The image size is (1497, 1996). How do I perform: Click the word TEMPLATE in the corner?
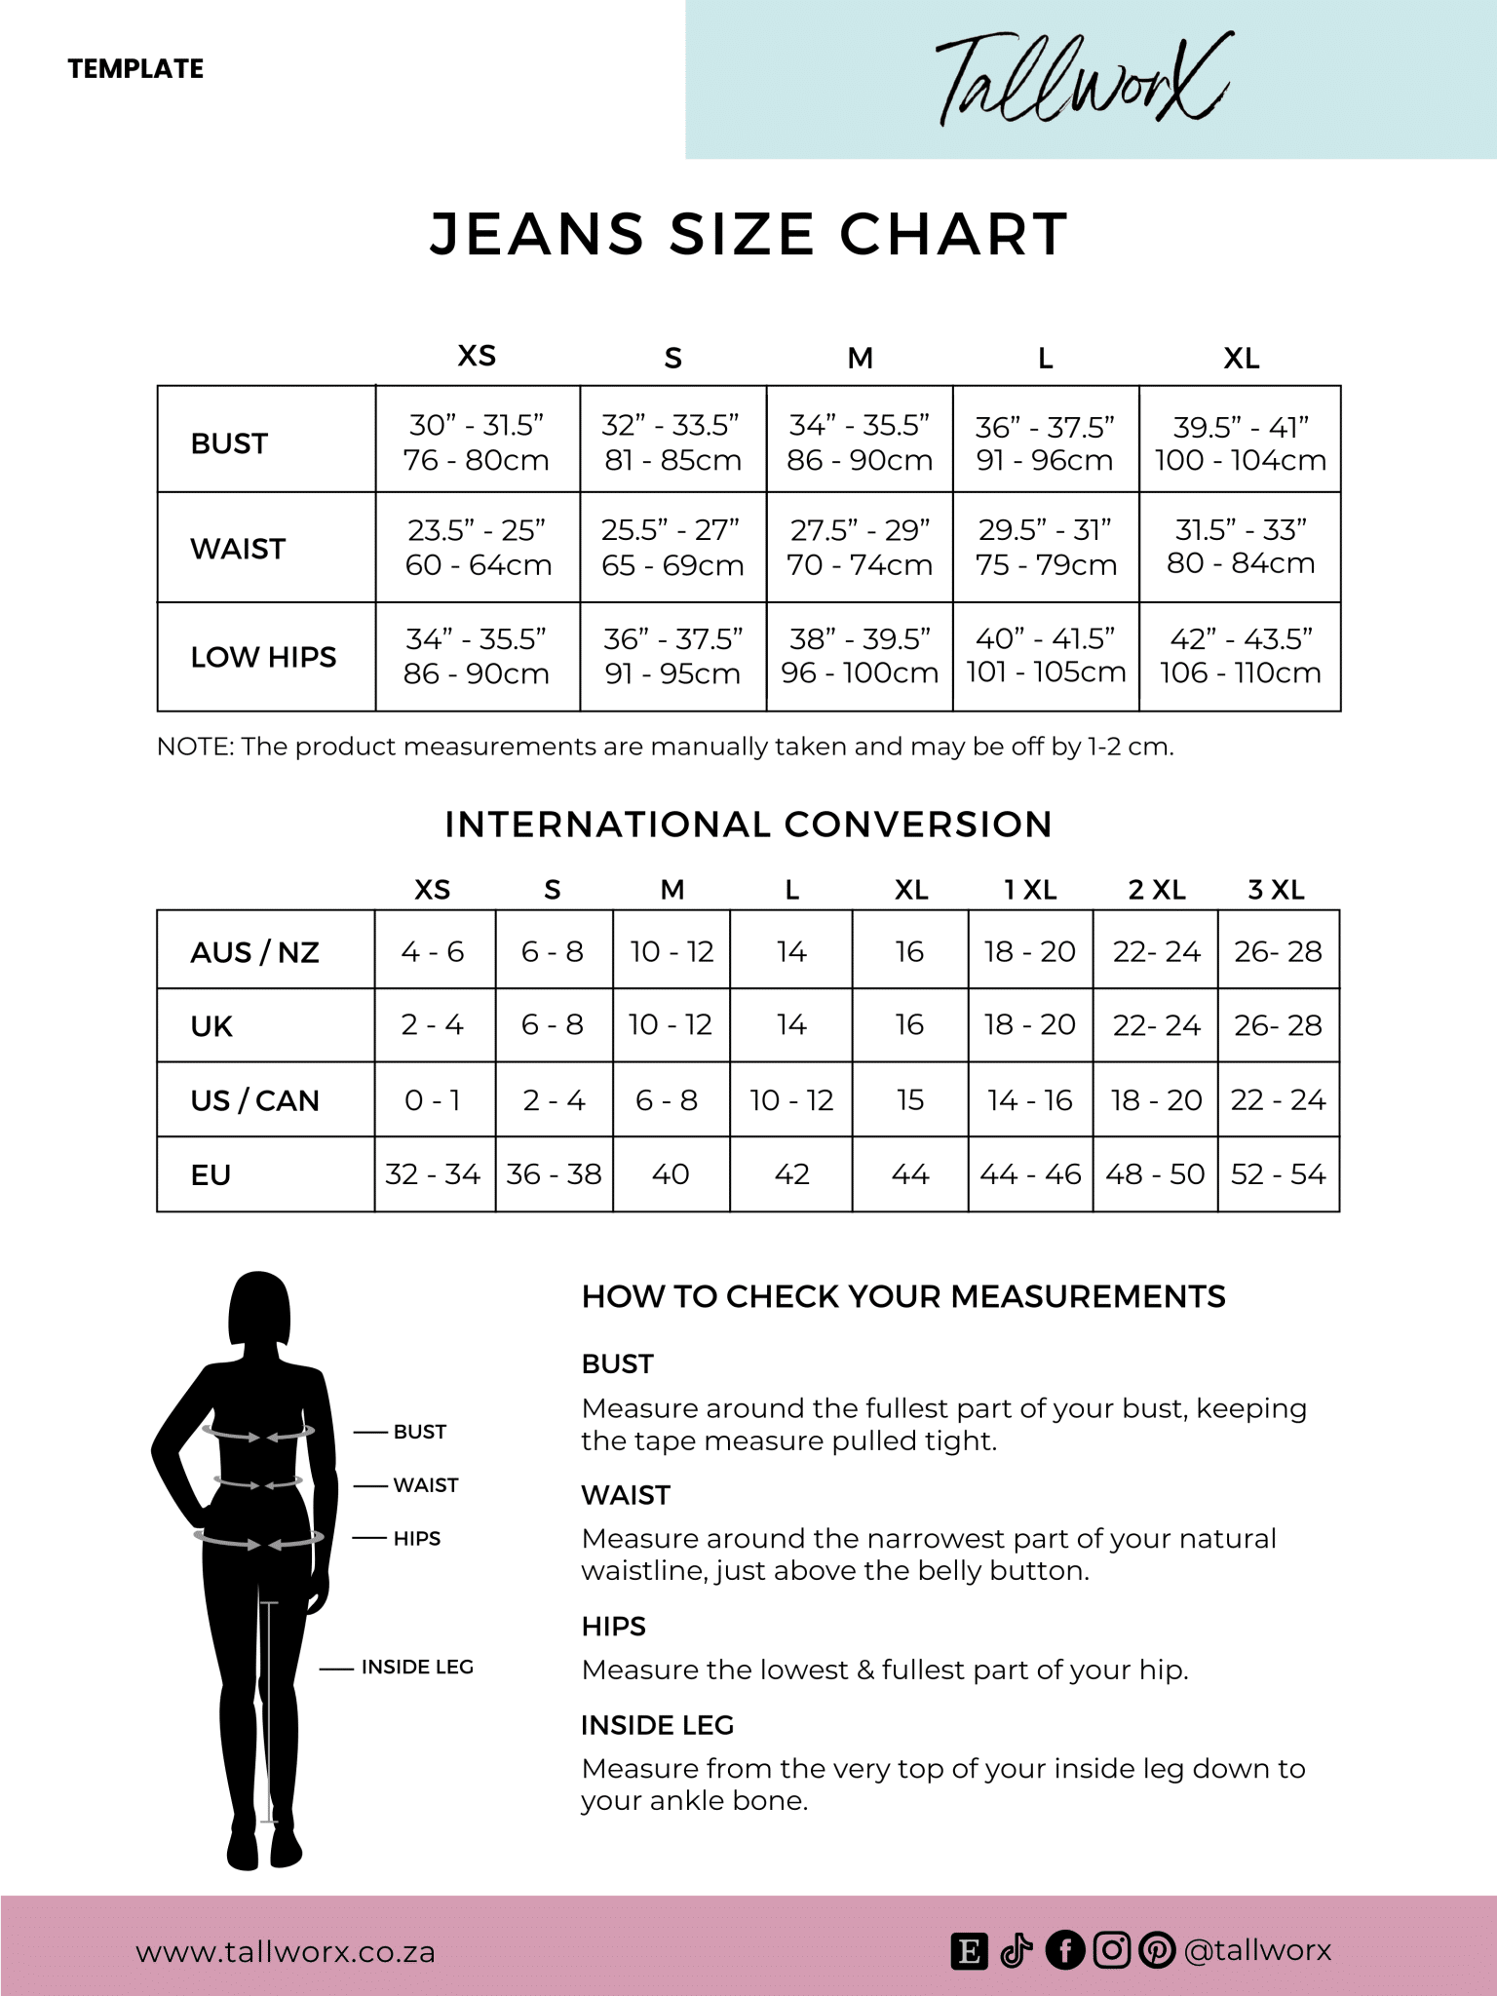tap(135, 69)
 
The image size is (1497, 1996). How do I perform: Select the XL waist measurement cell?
tap(1240, 547)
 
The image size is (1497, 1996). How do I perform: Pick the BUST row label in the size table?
tap(229, 443)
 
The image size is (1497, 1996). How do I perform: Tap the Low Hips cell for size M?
tap(859, 656)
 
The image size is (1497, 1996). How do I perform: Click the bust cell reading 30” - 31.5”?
tap(477, 441)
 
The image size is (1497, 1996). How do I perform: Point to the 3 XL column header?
tap(1276, 889)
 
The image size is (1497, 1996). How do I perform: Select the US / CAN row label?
tap(254, 1100)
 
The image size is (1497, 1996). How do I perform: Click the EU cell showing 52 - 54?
tap(1278, 1174)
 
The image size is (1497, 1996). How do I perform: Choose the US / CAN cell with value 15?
tap(909, 1100)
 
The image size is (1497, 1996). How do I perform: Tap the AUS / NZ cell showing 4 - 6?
tap(433, 951)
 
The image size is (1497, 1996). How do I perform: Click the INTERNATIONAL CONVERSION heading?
tap(748, 825)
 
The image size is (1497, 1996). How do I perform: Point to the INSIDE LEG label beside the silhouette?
tap(417, 1668)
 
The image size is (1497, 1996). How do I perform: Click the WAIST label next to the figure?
tap(425, 1485)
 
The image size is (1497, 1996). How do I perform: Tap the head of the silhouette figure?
tap(258, 1311)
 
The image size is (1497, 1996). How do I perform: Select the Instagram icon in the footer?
tap(1111, 1950)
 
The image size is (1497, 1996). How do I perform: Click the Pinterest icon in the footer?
tap(1157, 1950)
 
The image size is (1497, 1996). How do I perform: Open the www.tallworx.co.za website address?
tap(285, 1952)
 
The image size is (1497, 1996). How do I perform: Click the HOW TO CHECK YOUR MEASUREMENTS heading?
tap(903, 1297)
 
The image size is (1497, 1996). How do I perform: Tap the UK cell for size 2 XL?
tap(1156, 1025)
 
